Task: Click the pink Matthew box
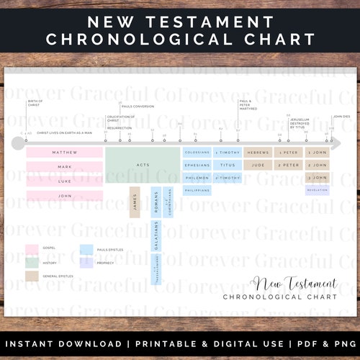[64, 153]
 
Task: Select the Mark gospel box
[64, 166]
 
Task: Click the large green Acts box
[142, 165]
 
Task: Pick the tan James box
[134, 202]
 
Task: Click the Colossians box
[197, 153]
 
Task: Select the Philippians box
[197, 191]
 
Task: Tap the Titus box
[228, 165]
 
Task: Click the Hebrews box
[258, 153]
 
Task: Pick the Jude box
[258, 165]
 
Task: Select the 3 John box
[318, 177]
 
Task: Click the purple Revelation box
[318, 191]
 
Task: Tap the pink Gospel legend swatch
[32, 248]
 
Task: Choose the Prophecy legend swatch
[86, 262]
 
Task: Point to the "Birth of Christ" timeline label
[35, 102]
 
